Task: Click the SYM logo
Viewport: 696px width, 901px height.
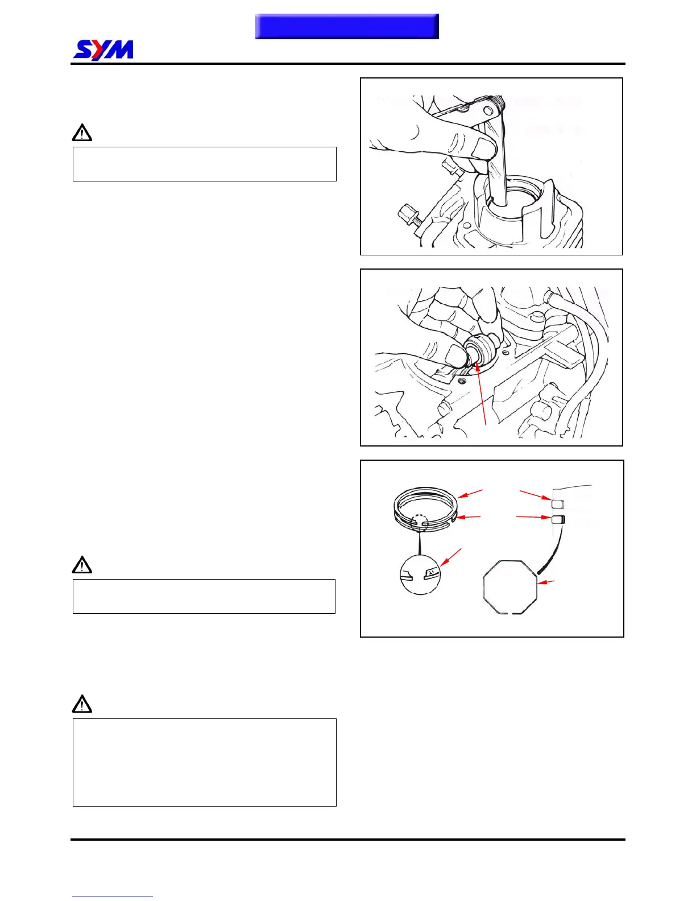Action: point(103,50)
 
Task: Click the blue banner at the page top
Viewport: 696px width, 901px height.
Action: point(347,26)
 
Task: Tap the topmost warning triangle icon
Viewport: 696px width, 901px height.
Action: point(82,133)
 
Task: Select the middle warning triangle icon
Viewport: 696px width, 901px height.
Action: point(82,565)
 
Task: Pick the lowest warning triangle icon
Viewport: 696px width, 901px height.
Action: point(82,704)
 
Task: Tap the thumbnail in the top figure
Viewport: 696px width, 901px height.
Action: point(485,148)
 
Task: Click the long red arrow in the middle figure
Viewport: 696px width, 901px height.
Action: point(481,394)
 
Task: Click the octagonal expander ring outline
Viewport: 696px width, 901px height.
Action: point(510,586)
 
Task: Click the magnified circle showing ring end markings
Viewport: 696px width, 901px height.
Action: point(420,575)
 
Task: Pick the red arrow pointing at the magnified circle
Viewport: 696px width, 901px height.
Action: point(451,557)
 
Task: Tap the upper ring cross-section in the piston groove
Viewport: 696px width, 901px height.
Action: point(558,504)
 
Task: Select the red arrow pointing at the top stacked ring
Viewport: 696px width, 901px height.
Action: point(470,493)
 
